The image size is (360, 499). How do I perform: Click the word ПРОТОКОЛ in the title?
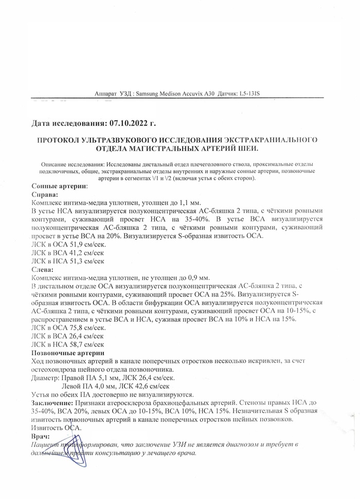[x=57, y=140]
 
